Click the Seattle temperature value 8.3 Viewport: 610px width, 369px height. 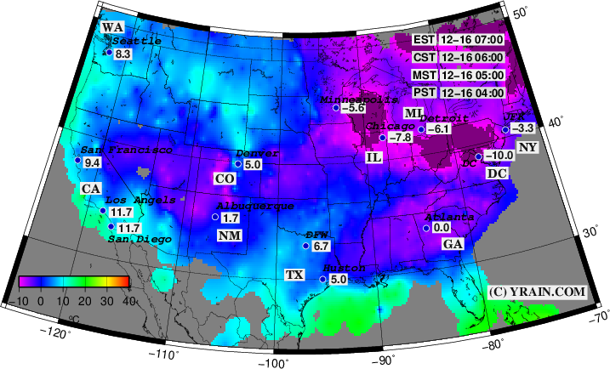click(123, 54)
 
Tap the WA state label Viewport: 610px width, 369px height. click(112, 27)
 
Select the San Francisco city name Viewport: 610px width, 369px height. click(127, 150)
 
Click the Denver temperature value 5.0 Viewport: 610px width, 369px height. click(253, 164)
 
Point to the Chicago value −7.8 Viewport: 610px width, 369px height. click(401, 138)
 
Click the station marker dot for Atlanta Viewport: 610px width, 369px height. click(425, 227)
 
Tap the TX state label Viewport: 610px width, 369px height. click(294, 275)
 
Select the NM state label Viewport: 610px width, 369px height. click(228, 235)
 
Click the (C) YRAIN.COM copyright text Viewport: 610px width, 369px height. click(538, 292)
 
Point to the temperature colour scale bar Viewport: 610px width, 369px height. click(74, 281)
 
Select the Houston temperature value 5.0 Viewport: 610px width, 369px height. click(338, 279)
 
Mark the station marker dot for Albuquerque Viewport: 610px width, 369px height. click(215, 218)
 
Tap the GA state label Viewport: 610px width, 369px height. click(453, 244)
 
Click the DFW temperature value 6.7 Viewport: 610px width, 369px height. click(321, 246)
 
